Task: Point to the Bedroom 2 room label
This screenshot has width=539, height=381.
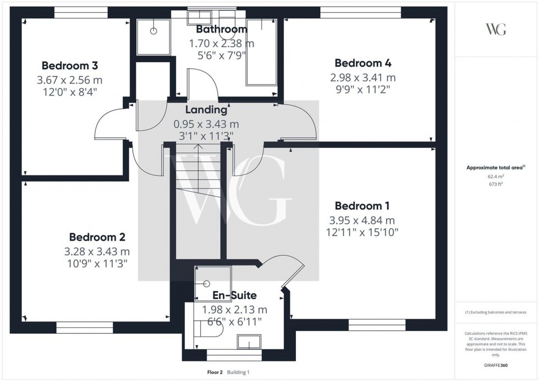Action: pyautogui.click(x=97, y=237)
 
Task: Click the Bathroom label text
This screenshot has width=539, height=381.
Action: pyautogui.click(x=221, y=29)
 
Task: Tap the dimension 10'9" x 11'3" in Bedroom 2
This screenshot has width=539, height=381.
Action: pyautogui.click(x=97, y=263)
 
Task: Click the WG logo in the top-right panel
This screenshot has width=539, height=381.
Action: pyautogui.click(x=496, y=30)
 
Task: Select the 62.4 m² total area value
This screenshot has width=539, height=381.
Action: pyautogui.click(x=496, y=176)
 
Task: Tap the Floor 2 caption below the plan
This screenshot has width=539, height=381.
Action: pyautogui.click(x=213, y=372)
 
